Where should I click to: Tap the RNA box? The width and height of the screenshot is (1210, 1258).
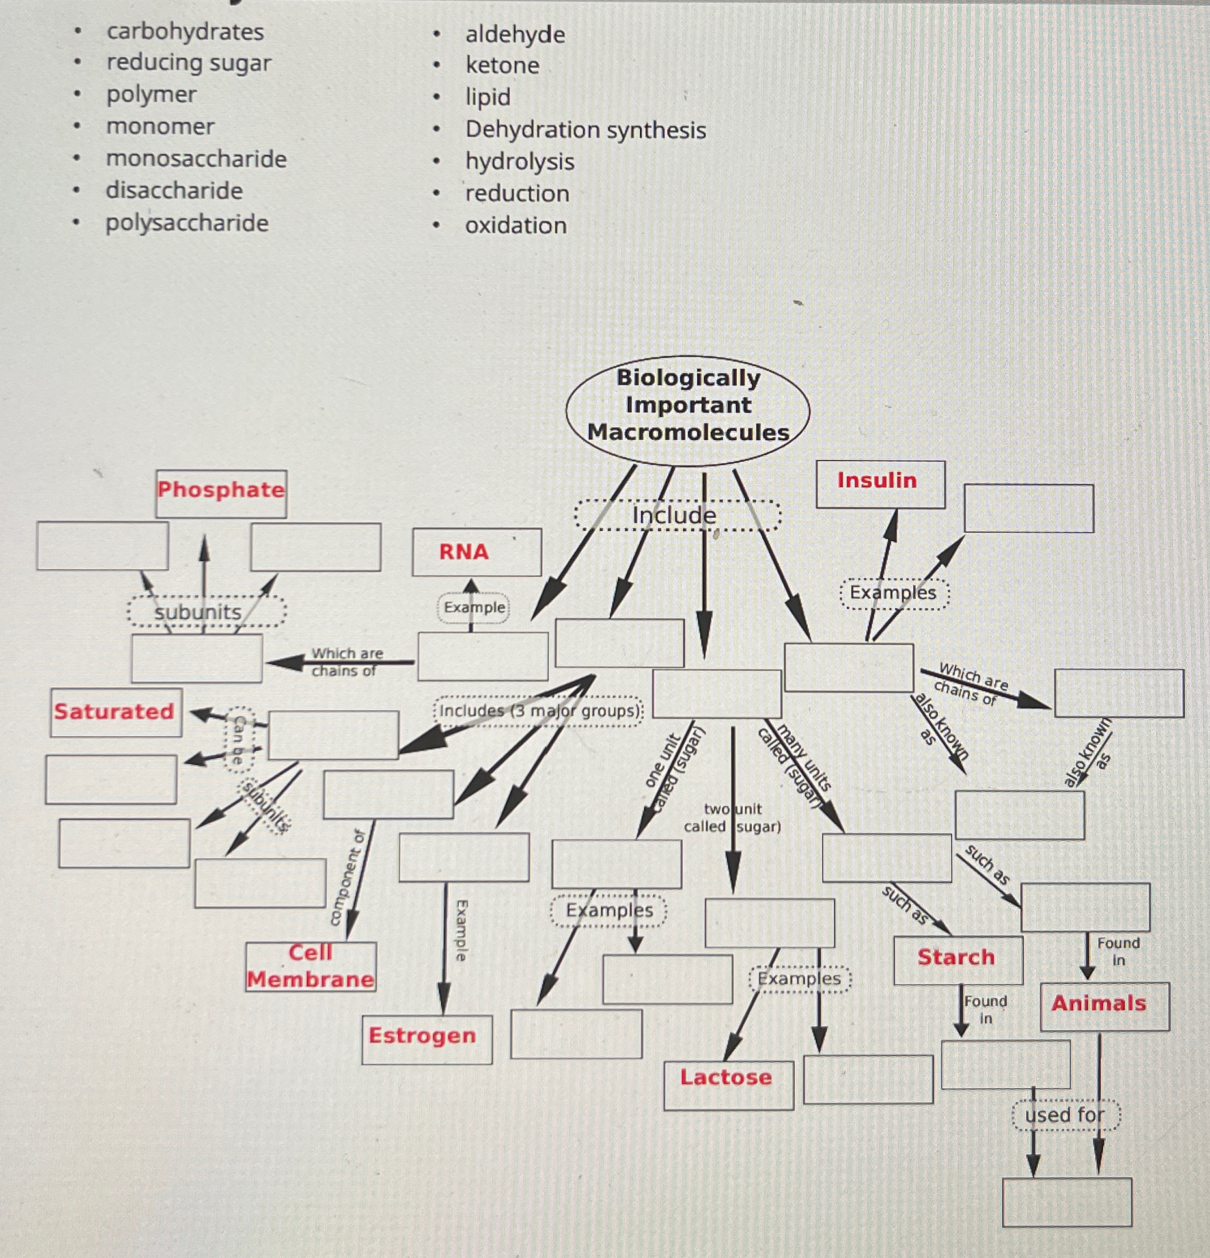click(x=476, y=552)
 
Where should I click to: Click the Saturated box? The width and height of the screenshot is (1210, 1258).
click(x=115, y=712)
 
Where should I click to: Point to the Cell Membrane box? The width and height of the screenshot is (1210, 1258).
click(x=310, y=967)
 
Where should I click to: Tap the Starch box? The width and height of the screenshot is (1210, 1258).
click(x=957, y=958)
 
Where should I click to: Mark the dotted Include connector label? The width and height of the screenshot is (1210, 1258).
click(x=676, y=516)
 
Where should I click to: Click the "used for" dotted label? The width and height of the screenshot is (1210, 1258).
click(x=1065, y=1115)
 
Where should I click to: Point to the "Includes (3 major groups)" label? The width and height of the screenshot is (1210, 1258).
click(x=539, y=711)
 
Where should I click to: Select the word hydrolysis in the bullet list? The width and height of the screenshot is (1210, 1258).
click(x=519, y=161)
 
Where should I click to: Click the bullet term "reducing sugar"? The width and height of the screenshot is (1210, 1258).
click(x=189, y=63)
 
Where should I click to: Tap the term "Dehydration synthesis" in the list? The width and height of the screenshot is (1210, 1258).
click(x=585, y=129)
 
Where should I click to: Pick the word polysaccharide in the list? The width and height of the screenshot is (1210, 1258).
click(x=187, y=223)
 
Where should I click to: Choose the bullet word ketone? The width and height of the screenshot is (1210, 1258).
click(x=502, y=65)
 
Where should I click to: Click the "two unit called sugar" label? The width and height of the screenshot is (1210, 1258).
click(x=732, y=818)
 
